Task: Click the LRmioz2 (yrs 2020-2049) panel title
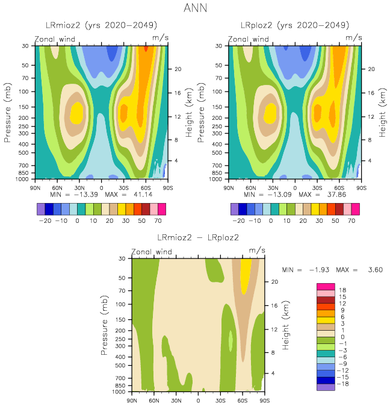[102, 25]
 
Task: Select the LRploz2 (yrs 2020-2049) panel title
[295, 25]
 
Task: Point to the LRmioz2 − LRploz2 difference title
[198, 237]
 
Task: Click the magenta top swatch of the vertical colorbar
[325, 286]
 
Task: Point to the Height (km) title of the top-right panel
[382, 112]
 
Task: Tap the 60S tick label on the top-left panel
[145, 187]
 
